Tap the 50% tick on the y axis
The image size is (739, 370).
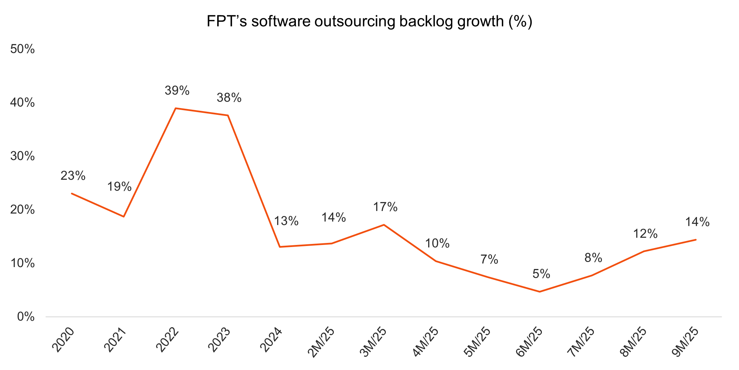coord(22,49)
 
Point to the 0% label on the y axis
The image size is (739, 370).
coord(26,317)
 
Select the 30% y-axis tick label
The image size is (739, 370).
coord(22,156)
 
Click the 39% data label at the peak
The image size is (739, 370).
coord(177,91)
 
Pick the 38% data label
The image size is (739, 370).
coord(229,98)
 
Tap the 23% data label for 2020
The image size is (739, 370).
coord(73,176)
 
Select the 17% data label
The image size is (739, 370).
coord(385,207)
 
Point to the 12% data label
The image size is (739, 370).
coord(645,234)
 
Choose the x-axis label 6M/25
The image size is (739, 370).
coord(529,342)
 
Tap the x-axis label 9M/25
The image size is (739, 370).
coord(684,342)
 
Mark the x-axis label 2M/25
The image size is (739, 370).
coord(321,342)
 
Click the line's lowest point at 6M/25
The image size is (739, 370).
coord(539,292)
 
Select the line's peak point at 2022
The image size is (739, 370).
coord(175,108)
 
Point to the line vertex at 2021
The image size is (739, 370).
coord(124,216)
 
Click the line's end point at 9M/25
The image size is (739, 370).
coord(696,240)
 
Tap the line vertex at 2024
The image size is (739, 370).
coord(280,247)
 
